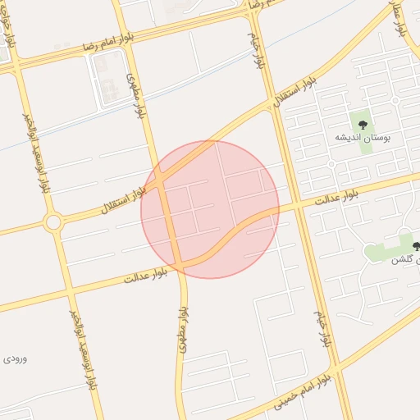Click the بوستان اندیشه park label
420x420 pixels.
pyautogui.click(x=363, y=138)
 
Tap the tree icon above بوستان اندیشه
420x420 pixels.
pyautogui.click(x=363, y=124)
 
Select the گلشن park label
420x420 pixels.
pyautogui.click(x=398, y=259)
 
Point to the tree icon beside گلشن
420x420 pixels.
pyautogui.click(x=416, y=245)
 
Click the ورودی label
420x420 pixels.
pyautogui.click(x=15, y=358)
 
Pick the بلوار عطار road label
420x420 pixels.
pyautogui.click(x=401, y=18)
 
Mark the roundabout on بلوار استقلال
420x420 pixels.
pyautogui.click(x=53, y=221)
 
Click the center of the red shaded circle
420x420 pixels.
pyautogui.click(x=210, y=209)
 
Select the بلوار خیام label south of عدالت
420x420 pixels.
pyautogui.click(x=322, y=328)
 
